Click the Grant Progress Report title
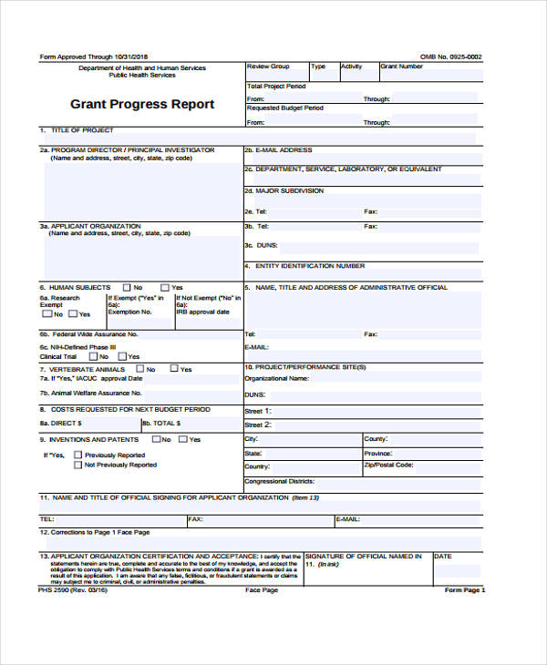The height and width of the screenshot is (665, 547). click(142, 105)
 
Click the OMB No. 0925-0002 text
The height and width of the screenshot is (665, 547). click(450, 56)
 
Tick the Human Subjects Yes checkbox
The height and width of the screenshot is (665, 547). click(166, 287)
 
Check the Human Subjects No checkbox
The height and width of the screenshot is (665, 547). click(126, 287)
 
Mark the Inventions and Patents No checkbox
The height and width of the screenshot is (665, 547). click(156, 439)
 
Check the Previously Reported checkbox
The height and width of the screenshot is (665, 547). click(78, 455)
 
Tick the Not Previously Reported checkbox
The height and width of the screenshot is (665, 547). click(78, 465)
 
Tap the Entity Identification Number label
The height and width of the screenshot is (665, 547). click(310, 266)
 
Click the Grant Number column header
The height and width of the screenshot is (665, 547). click(402, 66)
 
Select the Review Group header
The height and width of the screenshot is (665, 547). click(269, 66)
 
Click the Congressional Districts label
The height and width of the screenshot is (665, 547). click(280, 480)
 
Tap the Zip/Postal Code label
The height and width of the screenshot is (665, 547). click(389, 465)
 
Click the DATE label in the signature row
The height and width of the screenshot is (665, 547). click(443, 556)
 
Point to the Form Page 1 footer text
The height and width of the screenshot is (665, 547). click(465, 590)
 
